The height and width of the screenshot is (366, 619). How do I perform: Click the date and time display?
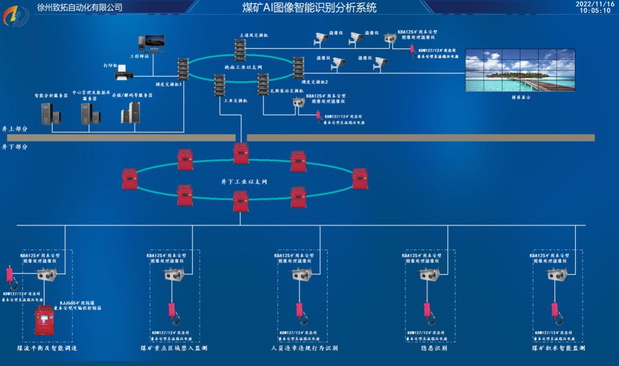(x=598, y=7)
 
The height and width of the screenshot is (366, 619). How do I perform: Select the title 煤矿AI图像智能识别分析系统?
(x=309, y=7)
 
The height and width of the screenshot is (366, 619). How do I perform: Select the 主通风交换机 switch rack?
(x=241, y=50)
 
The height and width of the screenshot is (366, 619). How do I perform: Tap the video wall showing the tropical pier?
(x=519, y=70)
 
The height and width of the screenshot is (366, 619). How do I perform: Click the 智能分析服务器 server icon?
(x=51, y=114)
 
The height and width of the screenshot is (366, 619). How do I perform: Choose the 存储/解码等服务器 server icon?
(x=131, y=113)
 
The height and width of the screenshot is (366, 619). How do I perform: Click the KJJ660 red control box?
(x=44, y=320)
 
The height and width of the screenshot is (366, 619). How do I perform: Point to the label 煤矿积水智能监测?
(x=558, y=348)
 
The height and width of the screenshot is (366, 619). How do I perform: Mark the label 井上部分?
(x=15, y=128)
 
